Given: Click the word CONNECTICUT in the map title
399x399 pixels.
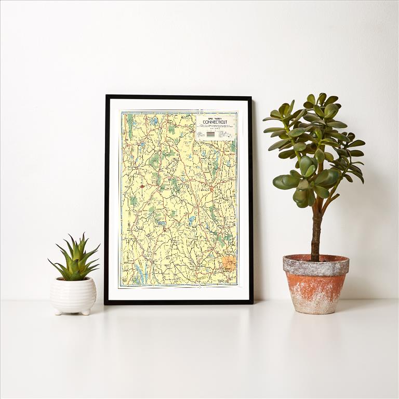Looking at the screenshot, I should coord(215,122).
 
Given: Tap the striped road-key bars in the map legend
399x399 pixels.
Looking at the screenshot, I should coord(210,134).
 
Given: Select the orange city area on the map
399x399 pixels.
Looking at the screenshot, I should coord(229,262).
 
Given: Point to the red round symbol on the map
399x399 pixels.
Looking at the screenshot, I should coord(142,186).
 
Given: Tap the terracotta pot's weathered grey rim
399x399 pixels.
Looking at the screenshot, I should coord(316,265).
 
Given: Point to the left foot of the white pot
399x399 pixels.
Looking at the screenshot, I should coord(57,312).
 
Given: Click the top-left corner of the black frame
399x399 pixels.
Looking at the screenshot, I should coord(107,96).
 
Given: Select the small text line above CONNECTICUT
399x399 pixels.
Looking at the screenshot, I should coord(215,117).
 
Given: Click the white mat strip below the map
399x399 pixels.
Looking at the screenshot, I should coord(179,293).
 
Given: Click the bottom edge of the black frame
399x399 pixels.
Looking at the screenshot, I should coord(179,302).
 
